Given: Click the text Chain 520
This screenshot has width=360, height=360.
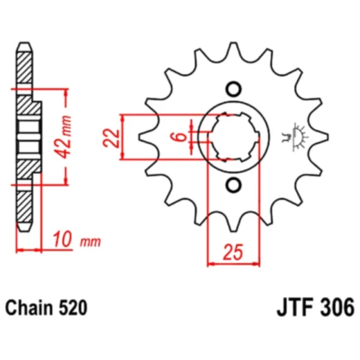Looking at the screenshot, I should (46, 305).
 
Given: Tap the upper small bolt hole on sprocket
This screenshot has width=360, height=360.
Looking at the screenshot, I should (233, 89).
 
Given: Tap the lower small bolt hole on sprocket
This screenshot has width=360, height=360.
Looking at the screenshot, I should (233, 184).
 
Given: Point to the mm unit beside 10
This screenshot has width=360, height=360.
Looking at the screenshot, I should (91, 243).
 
